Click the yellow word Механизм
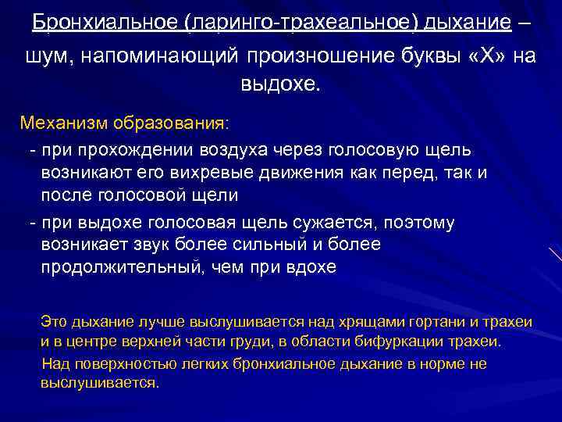(x=63, y=123)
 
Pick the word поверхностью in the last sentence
(x=116, y=363)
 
